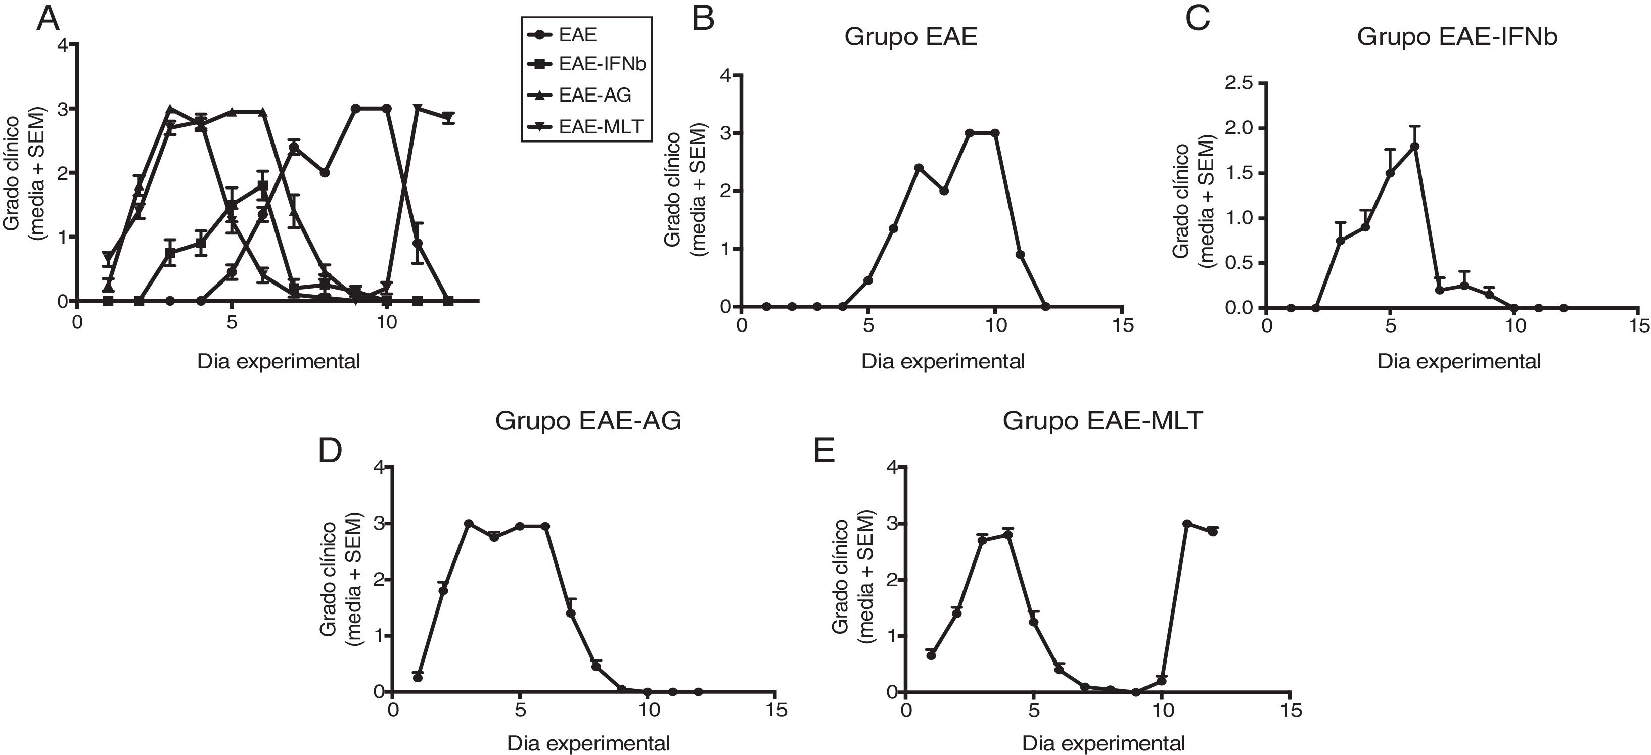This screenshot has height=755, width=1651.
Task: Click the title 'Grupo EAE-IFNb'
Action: [x=1457, y=37]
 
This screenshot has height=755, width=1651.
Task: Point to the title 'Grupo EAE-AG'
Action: [x=588, y=420]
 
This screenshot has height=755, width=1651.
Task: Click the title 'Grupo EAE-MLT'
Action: [x=1103, y=420]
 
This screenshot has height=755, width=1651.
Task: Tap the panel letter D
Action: [x=330, y=451]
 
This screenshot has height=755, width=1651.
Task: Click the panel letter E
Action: [x=824, y=451]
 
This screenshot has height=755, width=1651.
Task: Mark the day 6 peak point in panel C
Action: [x=1414, y=146]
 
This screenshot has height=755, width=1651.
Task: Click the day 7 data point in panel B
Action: [x=919, y=168]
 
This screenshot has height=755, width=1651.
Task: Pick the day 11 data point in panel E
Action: [x=1186, y=524]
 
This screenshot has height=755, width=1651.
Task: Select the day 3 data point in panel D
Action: [x=469, y=524]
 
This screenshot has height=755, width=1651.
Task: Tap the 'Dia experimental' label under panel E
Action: [x=1103, y=743]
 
